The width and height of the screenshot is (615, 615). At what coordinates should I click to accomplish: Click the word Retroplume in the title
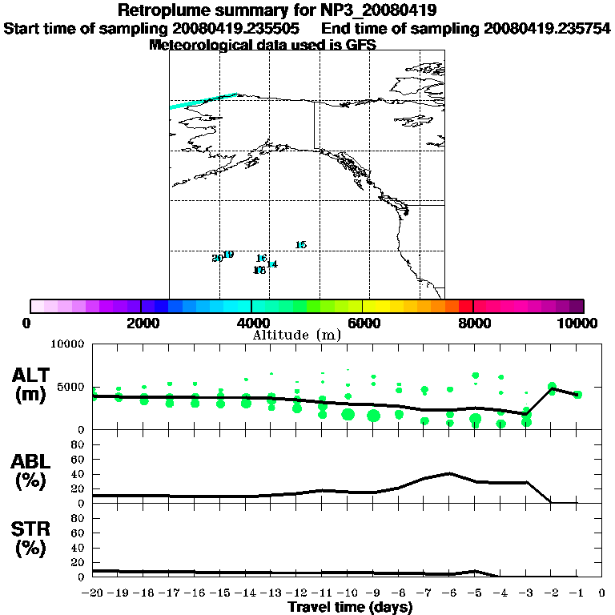tap(164, 11)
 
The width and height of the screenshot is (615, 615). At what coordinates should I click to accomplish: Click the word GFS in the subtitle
tap(360, 45)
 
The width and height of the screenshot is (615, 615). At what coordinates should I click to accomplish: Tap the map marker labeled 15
tap(300, 245)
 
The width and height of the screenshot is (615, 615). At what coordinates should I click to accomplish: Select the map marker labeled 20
tap(217, 258)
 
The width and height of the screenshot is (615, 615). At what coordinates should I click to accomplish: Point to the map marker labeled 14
tap(272, 264)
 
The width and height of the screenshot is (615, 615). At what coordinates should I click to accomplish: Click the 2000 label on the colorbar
tap(140, 323)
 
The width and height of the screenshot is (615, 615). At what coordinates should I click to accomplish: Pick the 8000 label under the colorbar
tap(473, 323)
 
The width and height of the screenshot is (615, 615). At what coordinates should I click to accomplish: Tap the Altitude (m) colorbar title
tap(297, 335)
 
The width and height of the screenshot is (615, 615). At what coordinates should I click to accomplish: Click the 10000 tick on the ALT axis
tap(68, 344)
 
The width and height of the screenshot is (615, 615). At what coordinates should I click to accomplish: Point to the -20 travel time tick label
tap(93, 593)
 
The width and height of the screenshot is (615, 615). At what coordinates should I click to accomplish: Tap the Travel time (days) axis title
tap(350, 607)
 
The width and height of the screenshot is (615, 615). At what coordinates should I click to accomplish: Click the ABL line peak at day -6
tap(451, 473)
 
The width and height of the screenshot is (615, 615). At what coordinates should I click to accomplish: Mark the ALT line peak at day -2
tap(552, 388)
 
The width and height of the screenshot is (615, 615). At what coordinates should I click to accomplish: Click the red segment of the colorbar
tap(466, 306)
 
